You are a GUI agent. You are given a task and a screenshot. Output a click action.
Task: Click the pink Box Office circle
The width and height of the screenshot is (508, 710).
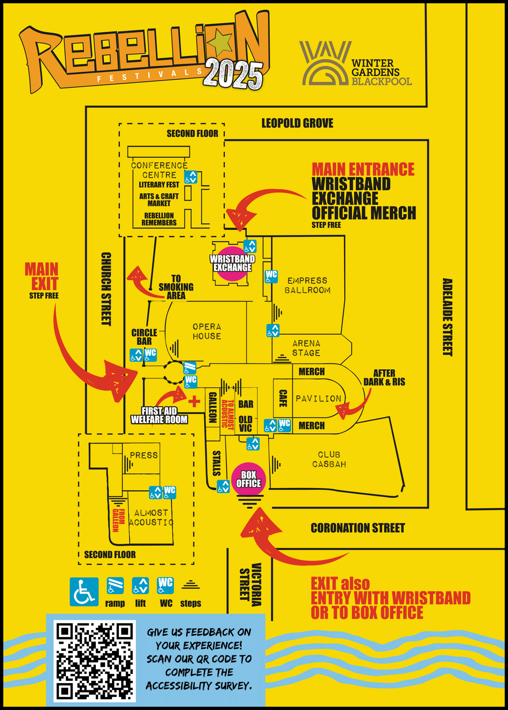coord(248,479)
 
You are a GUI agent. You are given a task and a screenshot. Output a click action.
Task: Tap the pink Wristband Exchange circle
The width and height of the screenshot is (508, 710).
coord(232,263)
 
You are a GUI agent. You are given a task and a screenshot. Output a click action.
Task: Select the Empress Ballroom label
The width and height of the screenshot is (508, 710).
coord(308,285)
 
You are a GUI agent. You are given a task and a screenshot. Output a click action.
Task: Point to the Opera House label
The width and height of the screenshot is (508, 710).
coord(206,331)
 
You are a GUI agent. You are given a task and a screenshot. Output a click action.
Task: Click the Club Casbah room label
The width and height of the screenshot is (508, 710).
coord(329,459)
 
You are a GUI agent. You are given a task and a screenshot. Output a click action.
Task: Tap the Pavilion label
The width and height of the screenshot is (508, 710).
coord(318,399)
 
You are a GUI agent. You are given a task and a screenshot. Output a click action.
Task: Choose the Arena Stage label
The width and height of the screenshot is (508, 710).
coord(306,348)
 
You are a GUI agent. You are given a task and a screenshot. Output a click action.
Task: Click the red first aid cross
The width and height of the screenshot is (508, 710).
coord(194,401)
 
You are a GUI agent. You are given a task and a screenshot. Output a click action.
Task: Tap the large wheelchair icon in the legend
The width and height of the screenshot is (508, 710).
coord(84,592)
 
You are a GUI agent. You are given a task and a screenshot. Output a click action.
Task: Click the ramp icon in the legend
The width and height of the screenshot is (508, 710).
coord(115,586)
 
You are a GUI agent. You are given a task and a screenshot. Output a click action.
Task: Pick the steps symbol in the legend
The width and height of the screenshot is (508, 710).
coord(190,585)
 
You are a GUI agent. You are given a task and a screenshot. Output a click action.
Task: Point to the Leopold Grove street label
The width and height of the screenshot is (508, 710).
coord(297,123)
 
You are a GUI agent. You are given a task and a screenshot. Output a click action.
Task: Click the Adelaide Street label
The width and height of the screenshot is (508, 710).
coord(447,317)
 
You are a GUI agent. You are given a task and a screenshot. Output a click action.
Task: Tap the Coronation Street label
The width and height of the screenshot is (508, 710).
coord(357,528)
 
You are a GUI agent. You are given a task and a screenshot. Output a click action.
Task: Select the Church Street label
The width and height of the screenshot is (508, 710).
coord(106,289)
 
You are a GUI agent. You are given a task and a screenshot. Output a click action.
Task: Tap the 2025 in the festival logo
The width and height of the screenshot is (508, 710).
coord(233,74)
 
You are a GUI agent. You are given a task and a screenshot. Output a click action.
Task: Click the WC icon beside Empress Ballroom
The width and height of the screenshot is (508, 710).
coord(271,276)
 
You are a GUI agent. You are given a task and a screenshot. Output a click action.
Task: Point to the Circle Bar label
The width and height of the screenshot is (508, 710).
coord(144,337)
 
